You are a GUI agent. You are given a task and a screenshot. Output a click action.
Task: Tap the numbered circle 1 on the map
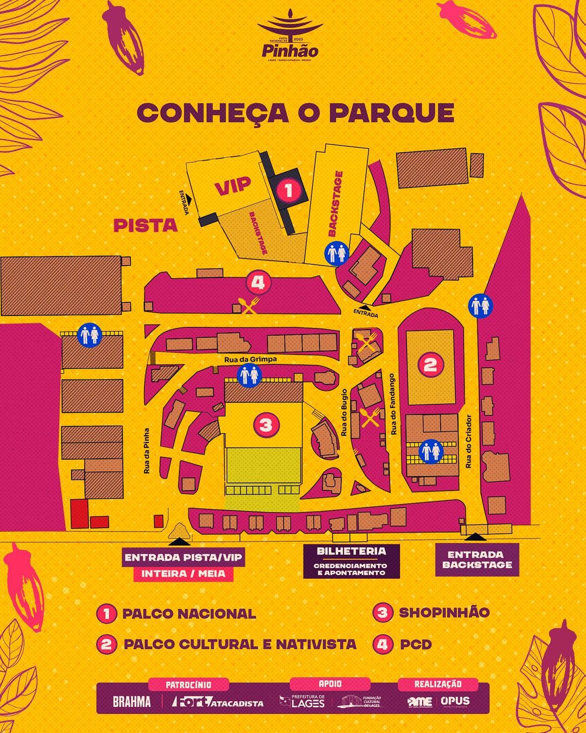(289, 190)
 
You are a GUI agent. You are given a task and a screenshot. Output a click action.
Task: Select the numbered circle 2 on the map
(430, 364)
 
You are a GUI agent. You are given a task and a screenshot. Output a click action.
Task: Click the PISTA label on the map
(145, 225)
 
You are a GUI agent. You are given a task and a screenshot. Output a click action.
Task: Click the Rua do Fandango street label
(393, 404)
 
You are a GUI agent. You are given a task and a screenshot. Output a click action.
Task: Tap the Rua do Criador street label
(469, 441)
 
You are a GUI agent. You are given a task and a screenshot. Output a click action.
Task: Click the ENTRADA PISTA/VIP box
(183, 558)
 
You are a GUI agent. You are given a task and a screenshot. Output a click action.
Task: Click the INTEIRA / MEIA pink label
(183, 574)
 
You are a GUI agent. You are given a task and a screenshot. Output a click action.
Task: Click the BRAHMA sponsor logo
(132, 702)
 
